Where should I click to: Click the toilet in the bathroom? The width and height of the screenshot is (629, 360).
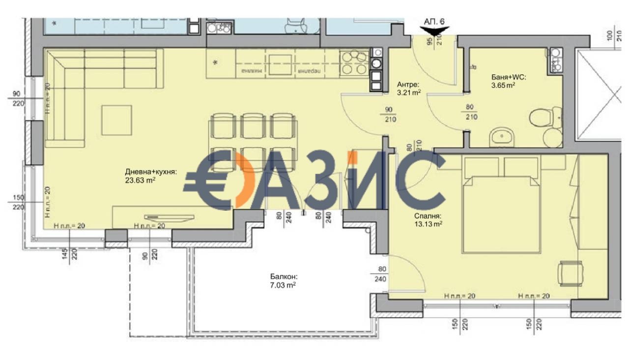tap(541, 118)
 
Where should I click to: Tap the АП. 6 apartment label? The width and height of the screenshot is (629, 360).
tap(435, 21)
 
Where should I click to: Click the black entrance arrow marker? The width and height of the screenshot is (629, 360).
tap(435, 31)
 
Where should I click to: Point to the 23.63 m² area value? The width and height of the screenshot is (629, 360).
tap(140, 180)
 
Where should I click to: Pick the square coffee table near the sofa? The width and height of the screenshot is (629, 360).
tap(116, 120)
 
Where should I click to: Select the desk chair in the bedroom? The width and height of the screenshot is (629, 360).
tap(570, 273)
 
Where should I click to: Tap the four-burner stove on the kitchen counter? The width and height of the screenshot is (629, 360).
tap(354, 63)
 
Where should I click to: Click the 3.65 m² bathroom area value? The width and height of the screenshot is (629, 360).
tap(503, 85)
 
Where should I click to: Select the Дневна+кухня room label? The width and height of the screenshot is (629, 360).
tap(150, 171)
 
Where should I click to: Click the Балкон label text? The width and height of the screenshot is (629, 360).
tap(283, 277)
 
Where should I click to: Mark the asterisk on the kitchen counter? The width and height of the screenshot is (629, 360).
tap(216, 63)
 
